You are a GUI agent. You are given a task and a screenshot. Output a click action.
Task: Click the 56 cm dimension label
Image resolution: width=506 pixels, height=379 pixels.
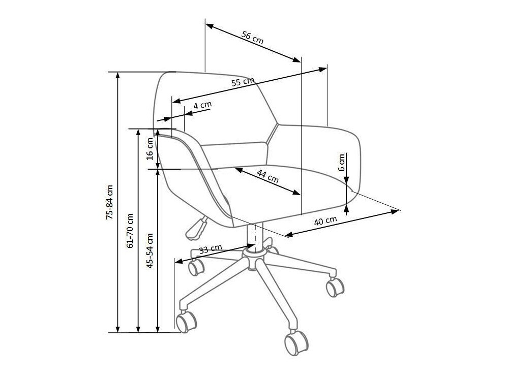(x=252, y=38)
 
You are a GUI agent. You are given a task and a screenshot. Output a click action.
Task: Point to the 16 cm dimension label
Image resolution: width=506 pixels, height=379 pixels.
(x=150, y=148)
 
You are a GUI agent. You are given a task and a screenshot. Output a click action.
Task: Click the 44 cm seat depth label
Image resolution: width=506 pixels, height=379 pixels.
(x=267, y=176)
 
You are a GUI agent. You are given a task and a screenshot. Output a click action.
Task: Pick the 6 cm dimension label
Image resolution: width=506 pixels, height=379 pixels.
(x=342, y=162)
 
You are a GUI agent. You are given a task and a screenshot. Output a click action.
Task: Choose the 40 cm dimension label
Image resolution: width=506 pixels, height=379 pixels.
(x=325, y=221)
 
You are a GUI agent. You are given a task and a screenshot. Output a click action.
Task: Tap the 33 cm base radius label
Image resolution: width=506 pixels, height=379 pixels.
(x=210, y=249)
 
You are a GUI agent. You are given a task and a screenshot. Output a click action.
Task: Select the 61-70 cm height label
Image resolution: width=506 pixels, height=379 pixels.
(x=130, y=230)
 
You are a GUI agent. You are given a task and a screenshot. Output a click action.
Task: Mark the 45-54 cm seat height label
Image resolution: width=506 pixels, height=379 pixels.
(x=150, y=250)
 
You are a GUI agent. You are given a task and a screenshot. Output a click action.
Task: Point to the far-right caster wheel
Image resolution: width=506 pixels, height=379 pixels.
(x=335, y=287)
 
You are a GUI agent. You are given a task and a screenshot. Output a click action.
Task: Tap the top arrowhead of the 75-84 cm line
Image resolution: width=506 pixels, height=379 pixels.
(x=118, y=75)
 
